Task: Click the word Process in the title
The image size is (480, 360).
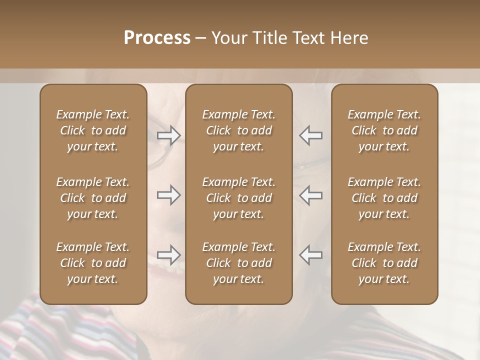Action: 157,38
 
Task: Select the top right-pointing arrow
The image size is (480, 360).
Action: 168,135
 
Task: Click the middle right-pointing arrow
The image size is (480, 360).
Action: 168,195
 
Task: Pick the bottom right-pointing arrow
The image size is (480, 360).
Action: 168,255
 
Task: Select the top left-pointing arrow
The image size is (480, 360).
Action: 311,135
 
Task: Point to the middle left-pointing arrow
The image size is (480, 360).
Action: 311,195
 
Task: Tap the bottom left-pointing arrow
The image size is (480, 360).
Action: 311,255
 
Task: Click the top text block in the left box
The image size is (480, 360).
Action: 93,130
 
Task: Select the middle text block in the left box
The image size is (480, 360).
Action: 93,198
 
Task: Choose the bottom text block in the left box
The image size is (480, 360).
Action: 93,263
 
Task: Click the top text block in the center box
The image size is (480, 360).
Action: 239,130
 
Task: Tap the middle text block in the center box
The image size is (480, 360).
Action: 239,198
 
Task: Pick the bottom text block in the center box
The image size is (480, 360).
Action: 239,263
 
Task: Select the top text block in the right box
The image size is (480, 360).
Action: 384,130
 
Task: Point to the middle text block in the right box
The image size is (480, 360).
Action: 384,198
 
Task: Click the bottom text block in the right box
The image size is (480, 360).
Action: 384,263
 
